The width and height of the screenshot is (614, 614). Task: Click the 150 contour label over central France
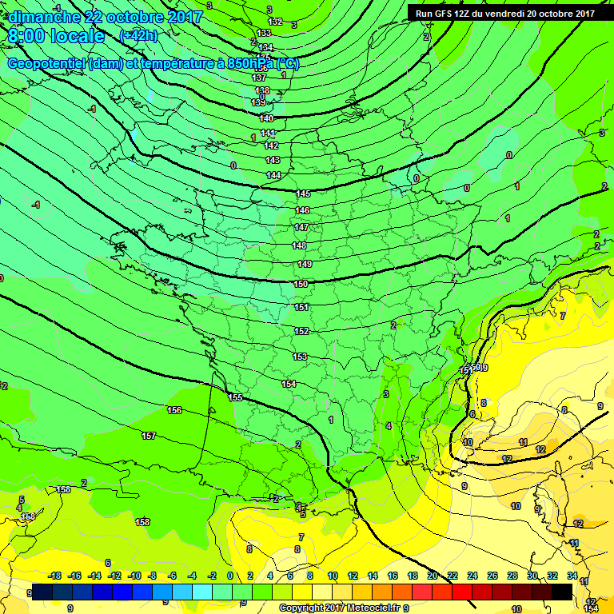(301, 284)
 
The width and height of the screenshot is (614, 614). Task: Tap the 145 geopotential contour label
(303, 194)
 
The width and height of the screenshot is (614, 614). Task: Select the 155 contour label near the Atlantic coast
(235, 397)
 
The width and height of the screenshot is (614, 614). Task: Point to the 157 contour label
(149, 436)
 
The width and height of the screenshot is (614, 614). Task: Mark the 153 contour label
(300, 357)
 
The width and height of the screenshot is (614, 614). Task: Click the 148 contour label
(299, 245)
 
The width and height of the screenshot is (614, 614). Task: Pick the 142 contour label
(271, 146)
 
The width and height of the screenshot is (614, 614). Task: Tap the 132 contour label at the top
(276, 22)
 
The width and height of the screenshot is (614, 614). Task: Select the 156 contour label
(174, 410)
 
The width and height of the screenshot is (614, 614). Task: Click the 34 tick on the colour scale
(572, 576)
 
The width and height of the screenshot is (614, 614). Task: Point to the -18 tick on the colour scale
(55, 576)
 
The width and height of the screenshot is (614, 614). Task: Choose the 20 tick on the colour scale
(433, 576)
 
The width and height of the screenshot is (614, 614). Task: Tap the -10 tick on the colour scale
(134, 576)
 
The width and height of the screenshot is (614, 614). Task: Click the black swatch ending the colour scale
(562, 592)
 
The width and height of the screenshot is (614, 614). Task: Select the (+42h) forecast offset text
(138, 36)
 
